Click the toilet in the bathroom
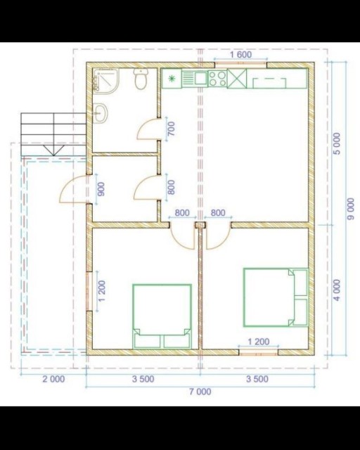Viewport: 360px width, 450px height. coord(141,79)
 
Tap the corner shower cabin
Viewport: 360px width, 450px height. coord(105,80)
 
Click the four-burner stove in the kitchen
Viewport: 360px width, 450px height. coord(217,79)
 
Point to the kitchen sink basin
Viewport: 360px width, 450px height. coord(200,77)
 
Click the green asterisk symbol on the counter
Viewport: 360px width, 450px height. coord(172,78)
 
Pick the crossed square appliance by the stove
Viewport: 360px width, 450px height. coord(237,78)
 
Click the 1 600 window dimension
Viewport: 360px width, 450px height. coord(241,55)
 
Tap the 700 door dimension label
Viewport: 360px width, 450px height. coord(171,129)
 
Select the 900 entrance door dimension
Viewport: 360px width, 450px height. coord(101,189)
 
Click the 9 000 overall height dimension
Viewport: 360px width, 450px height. coord(351,209)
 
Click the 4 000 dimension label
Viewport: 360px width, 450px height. coord(337,290)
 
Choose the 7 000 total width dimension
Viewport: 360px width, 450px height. coord(200,392)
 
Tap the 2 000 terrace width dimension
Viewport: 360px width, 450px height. coord(53,379)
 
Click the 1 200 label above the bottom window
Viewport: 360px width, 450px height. coord(258,342)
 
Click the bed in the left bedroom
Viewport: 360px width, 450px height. coord(162,316)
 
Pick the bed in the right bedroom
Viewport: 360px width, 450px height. coord(276,297)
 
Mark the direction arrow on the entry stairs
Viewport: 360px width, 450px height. coord(53,150)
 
